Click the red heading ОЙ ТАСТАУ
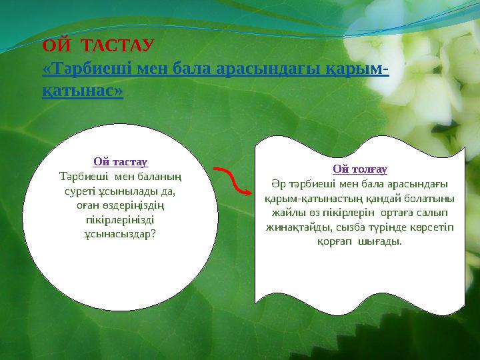click(98, 46)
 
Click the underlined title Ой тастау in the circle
click(120, 162)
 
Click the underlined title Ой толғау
click(360, 169)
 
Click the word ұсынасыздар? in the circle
click(120, 234)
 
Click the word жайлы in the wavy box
click(284, 213)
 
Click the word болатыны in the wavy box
click(433, 199)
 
